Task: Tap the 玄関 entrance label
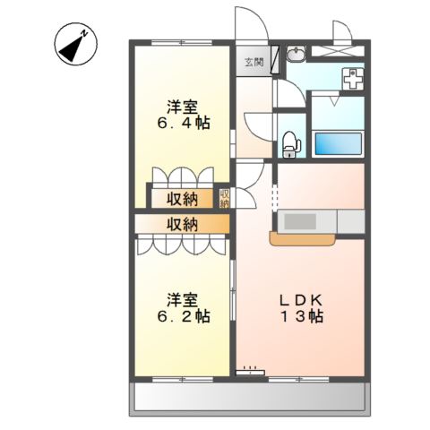click(x=254, y=62)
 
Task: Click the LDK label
click(x=300, y=298)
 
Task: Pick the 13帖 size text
click(x=300, y=315)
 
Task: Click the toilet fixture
click(x=289, y=140)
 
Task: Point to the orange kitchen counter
click(x=303, y=238)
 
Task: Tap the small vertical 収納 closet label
click(x=225, y=198)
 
